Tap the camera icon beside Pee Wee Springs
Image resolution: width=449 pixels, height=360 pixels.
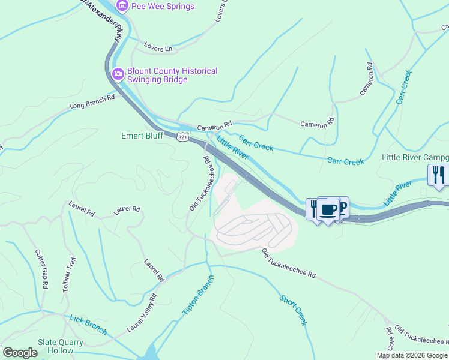pyautogui.click(x=122, y=6)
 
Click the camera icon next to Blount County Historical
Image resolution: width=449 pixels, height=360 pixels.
pyautogui.click(x=118, y=74)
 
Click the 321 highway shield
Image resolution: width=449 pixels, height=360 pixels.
pyautogui.click(x=184, y=137)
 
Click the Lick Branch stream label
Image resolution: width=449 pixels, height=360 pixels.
pyautogui.click(x=88, y=325)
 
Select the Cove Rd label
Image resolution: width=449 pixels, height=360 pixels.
pyautogui.click(x=390, y=339)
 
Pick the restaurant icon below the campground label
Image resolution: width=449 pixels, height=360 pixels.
pyautogui.click(x=438, y=175)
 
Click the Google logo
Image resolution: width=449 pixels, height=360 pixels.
pyautogui.click(x=20, y=353)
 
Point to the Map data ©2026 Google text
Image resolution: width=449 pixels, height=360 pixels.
pyautogui.click(x=412, y=355)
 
